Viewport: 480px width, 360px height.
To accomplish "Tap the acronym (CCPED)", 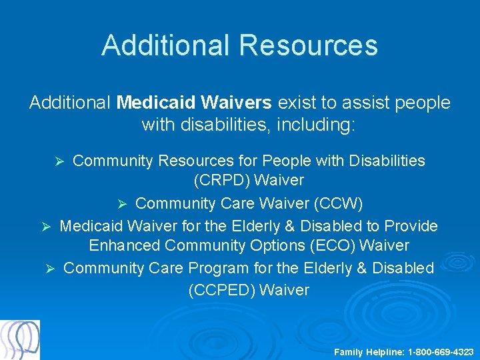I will [221, 290].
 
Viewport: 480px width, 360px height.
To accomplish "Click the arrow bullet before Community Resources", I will [59, 162].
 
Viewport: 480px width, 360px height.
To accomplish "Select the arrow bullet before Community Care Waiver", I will [121, 203].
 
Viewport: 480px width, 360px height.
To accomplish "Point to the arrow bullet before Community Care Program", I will [49, 269].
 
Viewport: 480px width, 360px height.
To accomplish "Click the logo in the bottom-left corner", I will [20, 340].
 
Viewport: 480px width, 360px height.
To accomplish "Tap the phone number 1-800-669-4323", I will [441, 351].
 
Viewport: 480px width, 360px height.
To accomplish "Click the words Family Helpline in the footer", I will [369, 351].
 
